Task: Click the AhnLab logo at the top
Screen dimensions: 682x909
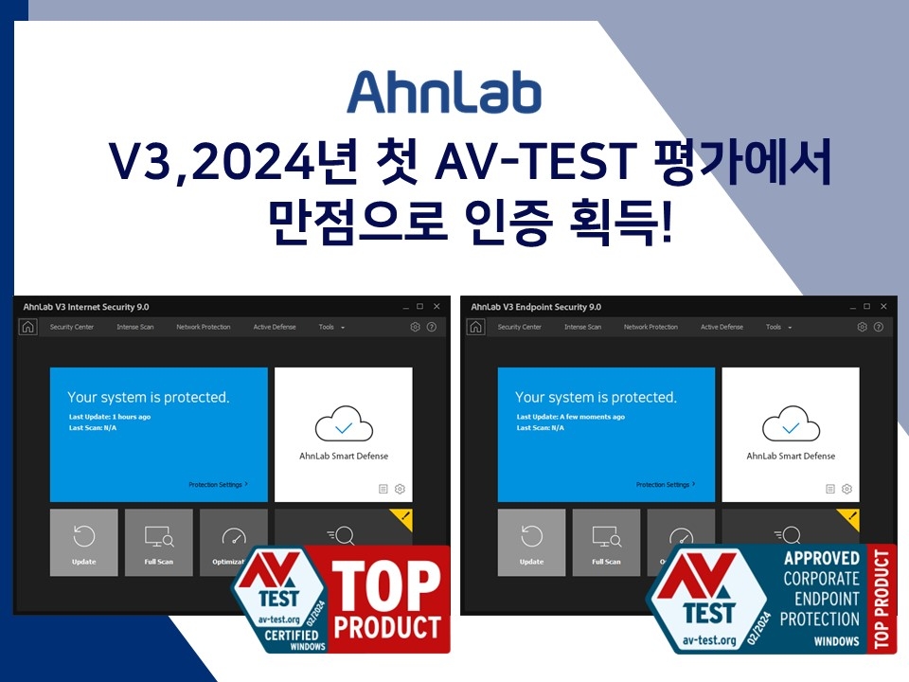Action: [443, 92]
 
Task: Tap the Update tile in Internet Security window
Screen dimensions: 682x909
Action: [84, 543]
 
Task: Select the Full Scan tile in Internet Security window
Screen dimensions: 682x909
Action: [158, 543]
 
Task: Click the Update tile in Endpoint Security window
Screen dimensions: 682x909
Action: [531, 543]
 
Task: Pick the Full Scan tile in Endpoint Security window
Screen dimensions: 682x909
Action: [606, 543]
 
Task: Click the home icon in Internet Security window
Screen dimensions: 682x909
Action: [28, 327]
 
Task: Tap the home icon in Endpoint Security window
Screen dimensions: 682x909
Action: [475, 327]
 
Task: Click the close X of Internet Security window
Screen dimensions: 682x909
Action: [437, 307]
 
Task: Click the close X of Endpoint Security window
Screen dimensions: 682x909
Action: [883, 307]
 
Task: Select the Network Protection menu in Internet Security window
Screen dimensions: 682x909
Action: [204, 327]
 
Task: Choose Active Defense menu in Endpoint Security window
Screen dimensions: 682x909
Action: [722, 327]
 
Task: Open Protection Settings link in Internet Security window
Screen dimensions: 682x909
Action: [218, 484]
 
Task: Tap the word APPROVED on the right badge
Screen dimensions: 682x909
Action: [822, 558]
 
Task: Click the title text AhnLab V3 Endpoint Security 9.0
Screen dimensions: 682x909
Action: [536, 307]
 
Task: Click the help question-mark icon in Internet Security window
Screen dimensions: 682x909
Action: [432, 327]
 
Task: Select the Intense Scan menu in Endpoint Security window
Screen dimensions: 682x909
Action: [582, 327]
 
